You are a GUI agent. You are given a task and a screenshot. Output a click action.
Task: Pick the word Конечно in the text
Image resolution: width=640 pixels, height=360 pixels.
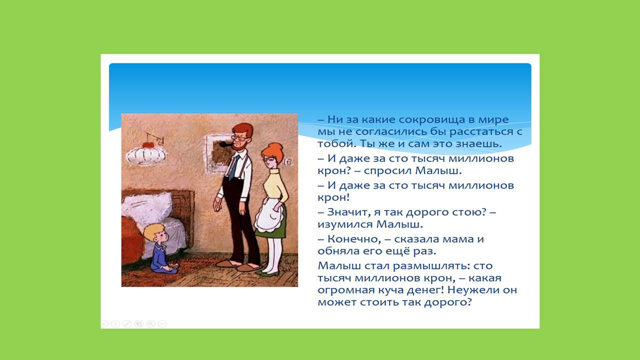point(354,239)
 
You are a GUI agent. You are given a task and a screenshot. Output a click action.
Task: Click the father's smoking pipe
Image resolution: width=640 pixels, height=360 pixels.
point(225,145)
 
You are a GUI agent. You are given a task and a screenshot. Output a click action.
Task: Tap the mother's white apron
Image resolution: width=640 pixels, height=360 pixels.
point(268,214)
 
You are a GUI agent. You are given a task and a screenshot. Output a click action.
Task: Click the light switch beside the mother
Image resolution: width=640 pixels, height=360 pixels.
point(287,162)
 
